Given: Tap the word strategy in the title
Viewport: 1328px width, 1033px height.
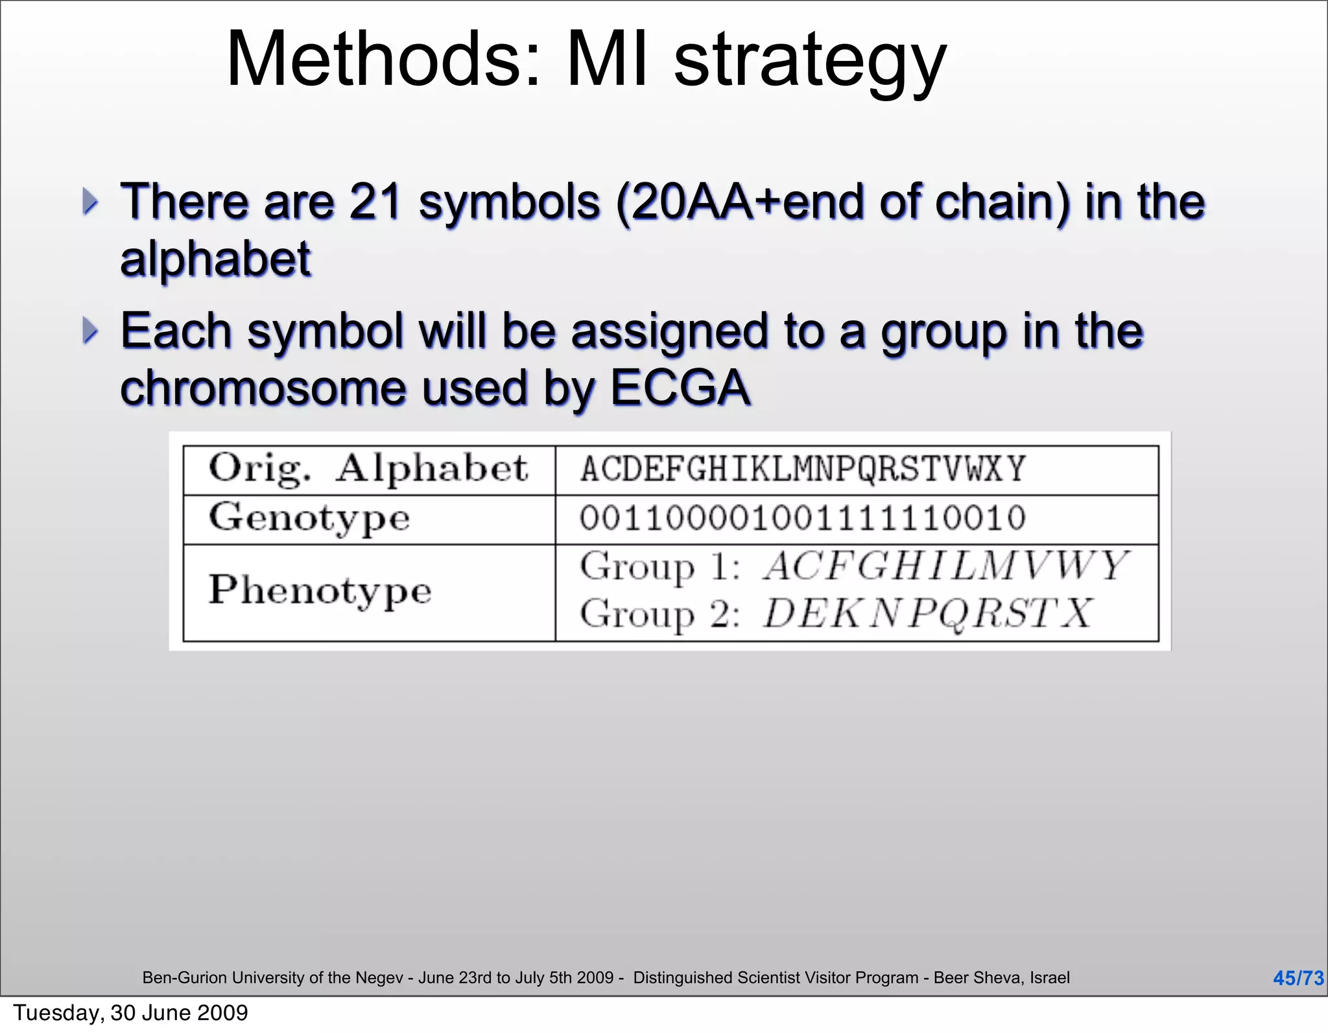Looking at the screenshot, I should tap(810, 63).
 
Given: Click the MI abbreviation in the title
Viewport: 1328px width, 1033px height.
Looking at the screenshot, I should tap(607, 60).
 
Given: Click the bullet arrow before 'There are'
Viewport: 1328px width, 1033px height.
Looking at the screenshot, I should tap(90, 202).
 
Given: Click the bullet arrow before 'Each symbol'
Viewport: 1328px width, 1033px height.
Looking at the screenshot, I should tap(90, 331).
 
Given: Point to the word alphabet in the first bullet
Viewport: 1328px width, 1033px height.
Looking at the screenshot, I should tap(215, 259).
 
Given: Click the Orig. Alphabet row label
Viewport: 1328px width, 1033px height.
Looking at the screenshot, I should tap(368, 469).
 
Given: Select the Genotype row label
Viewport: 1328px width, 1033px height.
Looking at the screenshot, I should tap(309, 519).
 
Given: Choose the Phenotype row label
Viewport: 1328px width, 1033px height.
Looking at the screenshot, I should tap(320, 591).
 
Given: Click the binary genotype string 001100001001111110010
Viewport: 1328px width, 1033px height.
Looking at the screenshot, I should tap(803, 519).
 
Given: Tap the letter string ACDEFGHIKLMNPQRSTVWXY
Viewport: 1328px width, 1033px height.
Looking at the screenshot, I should tap(803, 469).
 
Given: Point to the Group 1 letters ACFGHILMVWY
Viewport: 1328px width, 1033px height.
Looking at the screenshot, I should tap(946, 566).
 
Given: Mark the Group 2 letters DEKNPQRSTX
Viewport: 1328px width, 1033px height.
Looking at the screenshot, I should tap(928, 613).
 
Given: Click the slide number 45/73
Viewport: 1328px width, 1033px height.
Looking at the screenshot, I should tap(1298, 978).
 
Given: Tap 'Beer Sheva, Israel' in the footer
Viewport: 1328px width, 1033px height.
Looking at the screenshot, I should tap(1001, 978).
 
